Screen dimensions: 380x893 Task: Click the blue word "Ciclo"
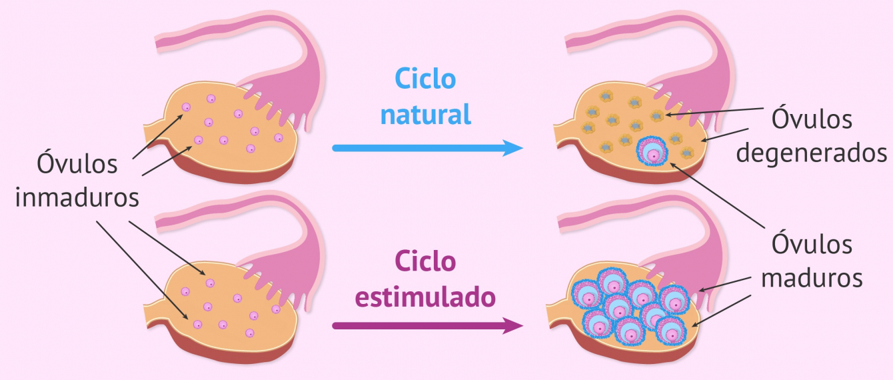coord(426,79)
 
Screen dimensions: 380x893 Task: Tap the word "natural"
coord(426,115)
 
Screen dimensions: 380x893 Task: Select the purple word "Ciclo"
coord(426,261)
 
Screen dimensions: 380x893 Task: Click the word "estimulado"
coord(426,297)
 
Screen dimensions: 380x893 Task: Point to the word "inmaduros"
coord(77,198)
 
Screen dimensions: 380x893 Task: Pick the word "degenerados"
coord(812,153)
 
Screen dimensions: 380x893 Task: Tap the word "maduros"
coord(812,278)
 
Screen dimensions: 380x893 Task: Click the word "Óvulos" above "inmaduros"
coord(77,163)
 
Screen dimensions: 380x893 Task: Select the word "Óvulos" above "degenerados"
coord(812,120)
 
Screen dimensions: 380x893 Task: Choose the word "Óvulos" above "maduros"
coord(812,244)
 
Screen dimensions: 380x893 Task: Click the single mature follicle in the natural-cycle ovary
coord(653,153)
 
